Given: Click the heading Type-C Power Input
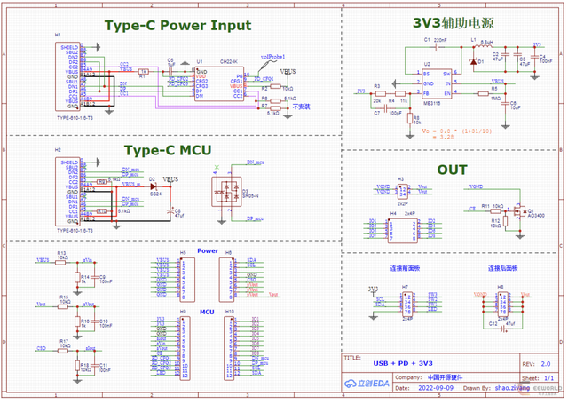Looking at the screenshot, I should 177,26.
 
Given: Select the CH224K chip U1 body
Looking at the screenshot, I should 214,82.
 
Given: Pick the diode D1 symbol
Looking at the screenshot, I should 473,62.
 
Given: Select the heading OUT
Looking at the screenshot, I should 452,170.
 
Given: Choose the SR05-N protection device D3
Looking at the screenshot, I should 224,191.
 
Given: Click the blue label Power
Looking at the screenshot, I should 207,251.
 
